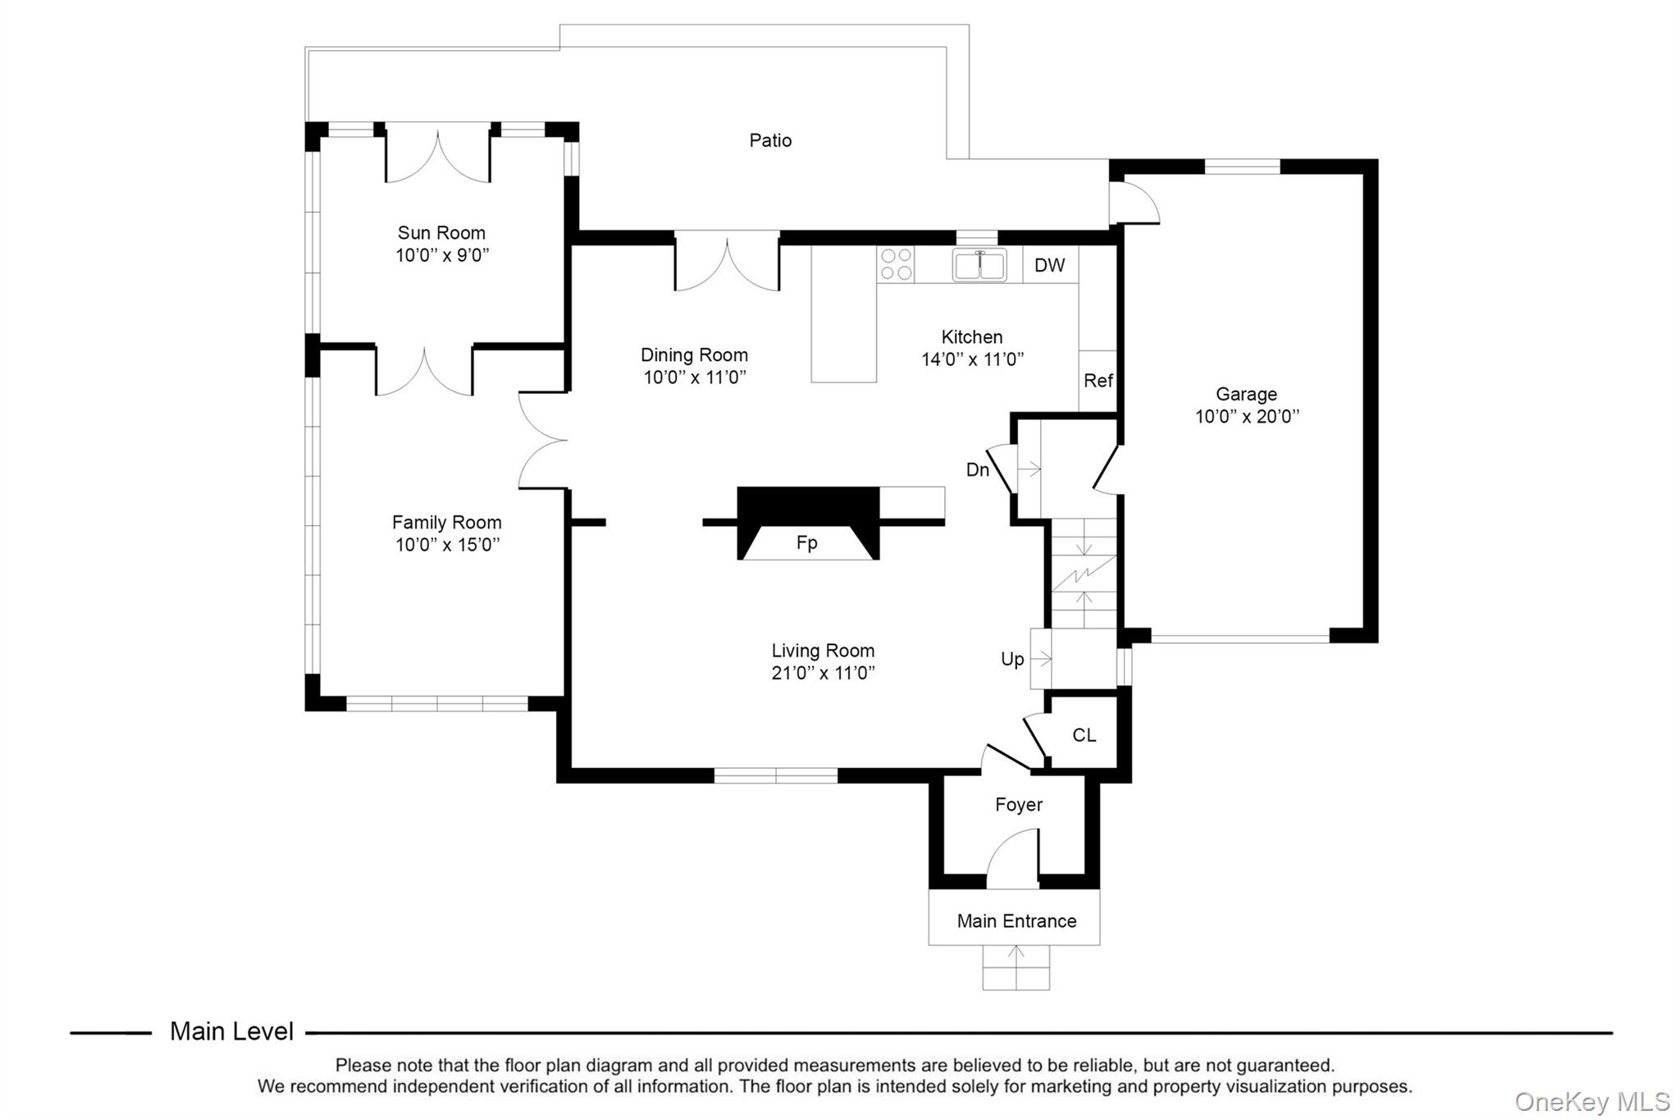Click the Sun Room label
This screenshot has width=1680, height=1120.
441,233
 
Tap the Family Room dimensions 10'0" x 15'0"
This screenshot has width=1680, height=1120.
447,545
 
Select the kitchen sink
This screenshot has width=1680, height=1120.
979,265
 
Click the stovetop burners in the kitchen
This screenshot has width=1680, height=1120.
896,264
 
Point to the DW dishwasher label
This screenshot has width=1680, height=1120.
1049,265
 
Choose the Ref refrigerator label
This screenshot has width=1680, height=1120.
1098,381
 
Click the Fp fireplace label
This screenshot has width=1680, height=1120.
807,543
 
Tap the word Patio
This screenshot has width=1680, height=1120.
770,140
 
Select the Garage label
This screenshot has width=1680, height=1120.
1246,395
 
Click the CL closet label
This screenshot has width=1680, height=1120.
1084,735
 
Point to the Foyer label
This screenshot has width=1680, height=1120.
1019,805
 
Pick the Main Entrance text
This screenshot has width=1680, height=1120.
1016,921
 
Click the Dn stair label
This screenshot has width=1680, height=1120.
978,469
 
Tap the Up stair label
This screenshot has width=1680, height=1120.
1012,659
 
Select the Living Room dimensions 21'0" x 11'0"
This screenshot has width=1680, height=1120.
823,673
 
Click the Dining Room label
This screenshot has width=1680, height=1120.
694,355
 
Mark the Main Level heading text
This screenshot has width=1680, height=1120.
231,1031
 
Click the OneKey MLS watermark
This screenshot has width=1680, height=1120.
1592,1101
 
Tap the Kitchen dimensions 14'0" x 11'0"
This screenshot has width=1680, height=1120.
973,359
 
